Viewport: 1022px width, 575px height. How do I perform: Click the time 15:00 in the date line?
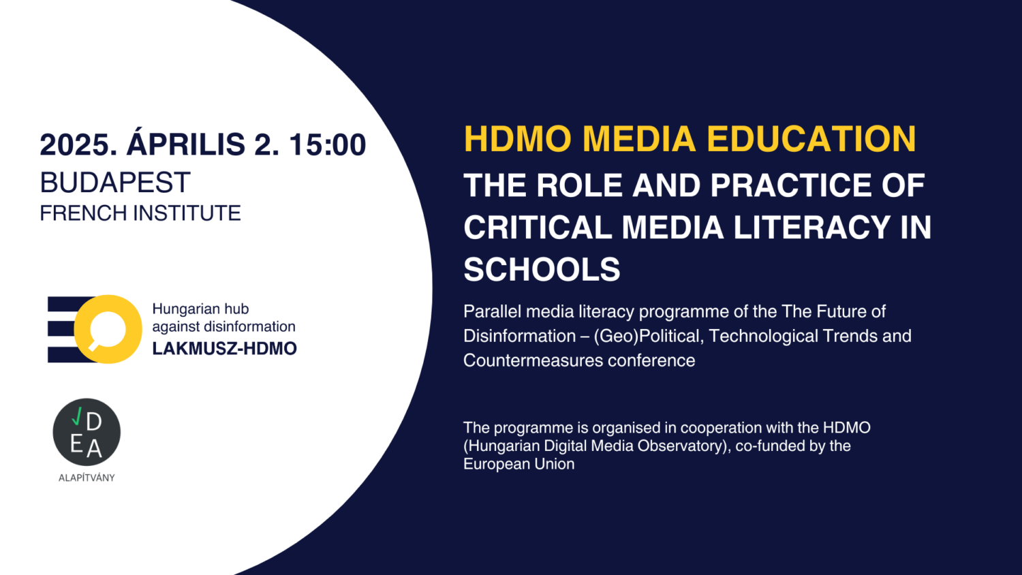point(328,144)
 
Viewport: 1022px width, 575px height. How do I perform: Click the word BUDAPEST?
point(115,183)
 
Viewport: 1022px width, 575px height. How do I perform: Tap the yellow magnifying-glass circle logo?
point(108,329)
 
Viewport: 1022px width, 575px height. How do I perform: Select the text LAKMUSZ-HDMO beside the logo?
point(224,349)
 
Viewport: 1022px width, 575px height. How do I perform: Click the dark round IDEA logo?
point(87,432)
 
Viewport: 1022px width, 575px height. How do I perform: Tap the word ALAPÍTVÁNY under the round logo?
point(87,478)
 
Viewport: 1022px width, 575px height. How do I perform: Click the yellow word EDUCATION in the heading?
point(811,139)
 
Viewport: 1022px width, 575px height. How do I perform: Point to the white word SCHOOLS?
point(542,269)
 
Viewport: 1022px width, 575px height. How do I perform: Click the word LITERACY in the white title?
point(811,228)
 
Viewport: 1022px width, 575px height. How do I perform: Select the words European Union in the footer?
point(518,464)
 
